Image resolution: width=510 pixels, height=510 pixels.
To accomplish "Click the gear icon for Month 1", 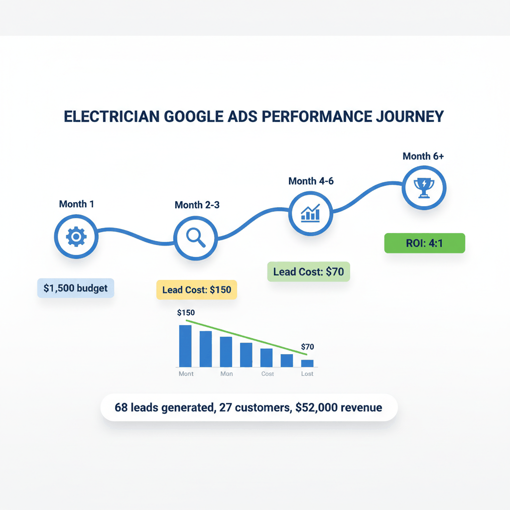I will tap(76, 237).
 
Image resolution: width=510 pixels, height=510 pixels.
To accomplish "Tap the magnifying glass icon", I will tap(195, 238).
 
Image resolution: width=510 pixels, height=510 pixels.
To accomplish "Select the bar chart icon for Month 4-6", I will tap(310, 213).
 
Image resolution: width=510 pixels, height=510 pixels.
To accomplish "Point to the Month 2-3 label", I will tap(197, 205).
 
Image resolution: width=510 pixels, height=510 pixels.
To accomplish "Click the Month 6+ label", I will tap(423, 156).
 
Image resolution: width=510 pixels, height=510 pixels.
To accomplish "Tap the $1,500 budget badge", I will tap(76, 288).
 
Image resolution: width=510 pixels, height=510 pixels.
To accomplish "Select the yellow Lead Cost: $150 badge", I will tap(197, 289).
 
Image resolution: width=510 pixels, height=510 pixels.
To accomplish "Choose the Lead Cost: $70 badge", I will tap(309, 272).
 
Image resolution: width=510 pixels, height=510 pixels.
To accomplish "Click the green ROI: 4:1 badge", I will tap(424, 243).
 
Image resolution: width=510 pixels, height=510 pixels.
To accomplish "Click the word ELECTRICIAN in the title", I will tap(114, 117).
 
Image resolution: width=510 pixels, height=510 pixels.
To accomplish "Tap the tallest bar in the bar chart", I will tap(185, 346).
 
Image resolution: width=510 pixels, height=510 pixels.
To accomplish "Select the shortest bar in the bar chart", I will tap(307, 363).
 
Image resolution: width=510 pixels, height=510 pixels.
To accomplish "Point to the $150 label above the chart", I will tap(186, 313).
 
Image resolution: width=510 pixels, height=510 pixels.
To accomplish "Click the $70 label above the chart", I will tap(307, 347).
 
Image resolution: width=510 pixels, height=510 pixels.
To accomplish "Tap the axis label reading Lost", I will tap(307, 374).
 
